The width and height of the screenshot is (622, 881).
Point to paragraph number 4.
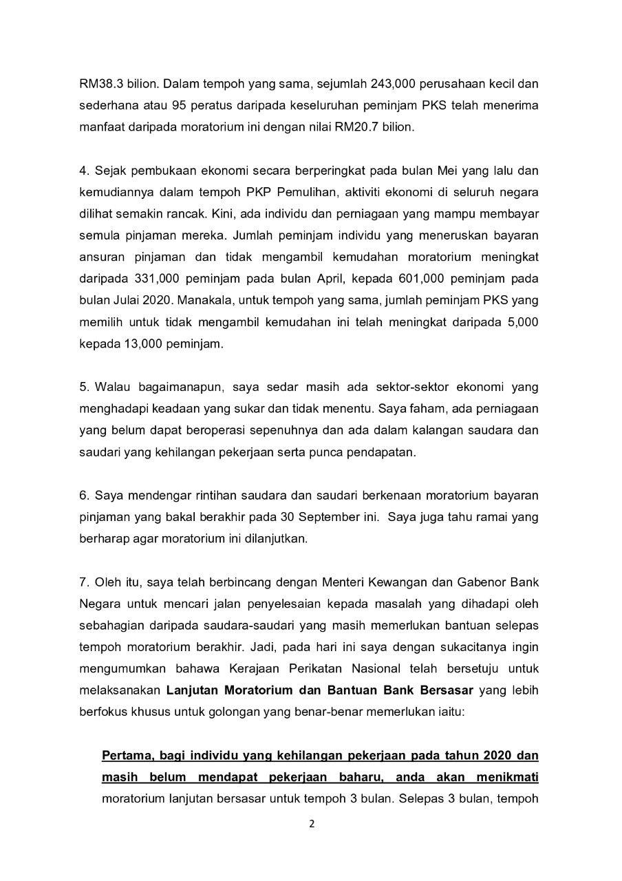point(83,171)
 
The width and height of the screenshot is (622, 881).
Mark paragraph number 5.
point(83,387)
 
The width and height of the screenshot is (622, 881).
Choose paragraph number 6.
point(83,495)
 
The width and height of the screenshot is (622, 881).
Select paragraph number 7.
point(83,582)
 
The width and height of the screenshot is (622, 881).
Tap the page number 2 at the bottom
point(311,823)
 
